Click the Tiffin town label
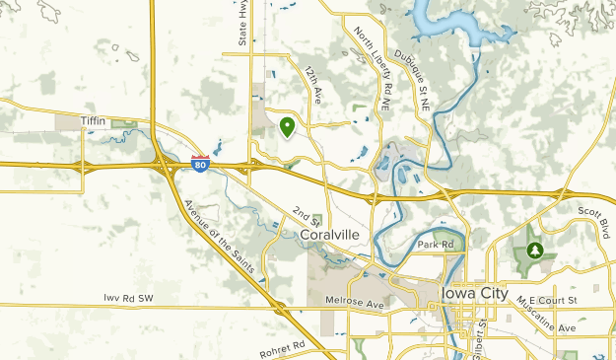coord(92,119)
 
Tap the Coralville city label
coord(330,235)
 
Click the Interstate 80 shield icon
coord(200,165)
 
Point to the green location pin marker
coord(287,127)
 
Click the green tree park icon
coord(534,252)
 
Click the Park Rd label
coord(433,244)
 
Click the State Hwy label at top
coord(242,23)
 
